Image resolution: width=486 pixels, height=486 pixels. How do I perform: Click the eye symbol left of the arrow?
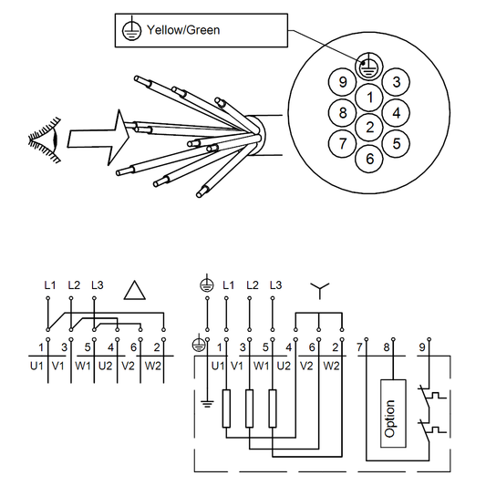pyautogui.click(x=43, y=141)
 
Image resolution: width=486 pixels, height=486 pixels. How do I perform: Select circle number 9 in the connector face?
pyautogui.click(x=343, y=82)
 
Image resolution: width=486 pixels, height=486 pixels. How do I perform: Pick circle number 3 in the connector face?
pyautogui.click(x=396, y=82)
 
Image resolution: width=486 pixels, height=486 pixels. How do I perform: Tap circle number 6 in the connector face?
pyautogui.click(x=369, y=158)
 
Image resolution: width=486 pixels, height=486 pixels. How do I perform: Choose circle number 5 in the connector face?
pyautogui.click(x=396, y=142)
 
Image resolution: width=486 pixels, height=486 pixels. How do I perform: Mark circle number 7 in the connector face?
pyautogui.click(x=343, y=143)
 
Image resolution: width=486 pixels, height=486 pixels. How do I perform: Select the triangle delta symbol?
pyautogui.click(x=135, y=290)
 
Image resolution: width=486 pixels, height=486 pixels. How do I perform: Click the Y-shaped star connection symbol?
pyautogui.click(x=318, y=290)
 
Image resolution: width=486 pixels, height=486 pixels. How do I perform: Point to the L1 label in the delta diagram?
pyautogui.click(x=49, y=284)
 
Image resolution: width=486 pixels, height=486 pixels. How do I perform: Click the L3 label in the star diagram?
pyautogui.click(x=274, y=284)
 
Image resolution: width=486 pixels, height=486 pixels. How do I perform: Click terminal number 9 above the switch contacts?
pyautogui.click(x=421, y=346)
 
